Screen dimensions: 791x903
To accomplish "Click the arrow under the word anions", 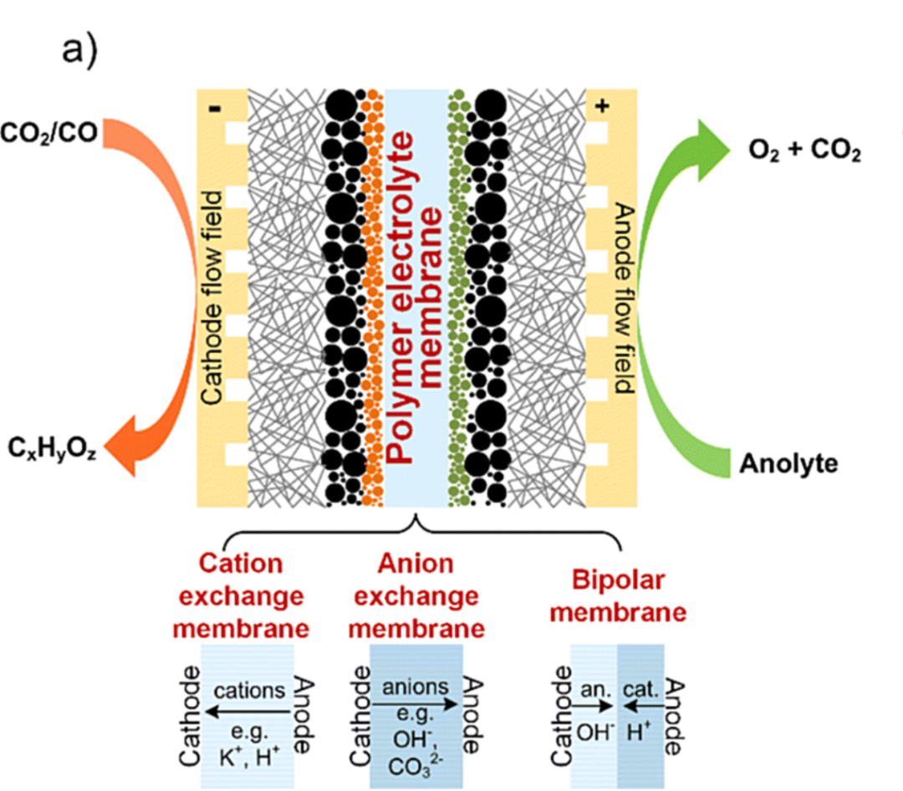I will point(416,705).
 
